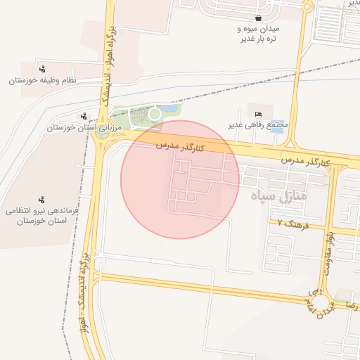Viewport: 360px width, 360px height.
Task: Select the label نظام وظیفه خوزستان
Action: click(42, 81)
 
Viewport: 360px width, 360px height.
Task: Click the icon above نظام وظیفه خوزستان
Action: click(43, 69)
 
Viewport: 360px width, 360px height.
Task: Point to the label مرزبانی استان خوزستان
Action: click(75, 128)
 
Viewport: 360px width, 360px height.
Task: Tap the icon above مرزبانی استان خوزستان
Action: click(84, 116)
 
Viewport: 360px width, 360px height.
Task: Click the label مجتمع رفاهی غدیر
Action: click(259, 125)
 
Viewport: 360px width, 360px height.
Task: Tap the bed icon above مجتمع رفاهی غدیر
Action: click(259, 114)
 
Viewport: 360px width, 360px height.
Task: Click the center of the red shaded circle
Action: click(180, 179)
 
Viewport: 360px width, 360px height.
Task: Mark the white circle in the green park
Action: click(154, 113)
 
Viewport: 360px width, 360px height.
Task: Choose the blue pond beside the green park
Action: click(169, 109)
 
